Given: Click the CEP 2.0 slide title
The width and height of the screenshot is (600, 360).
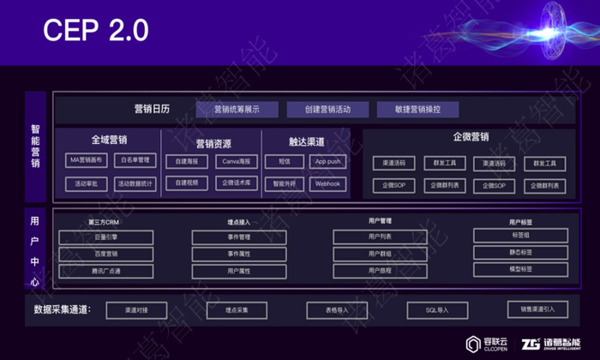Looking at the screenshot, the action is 96,30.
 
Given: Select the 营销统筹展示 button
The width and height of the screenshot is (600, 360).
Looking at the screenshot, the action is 237,110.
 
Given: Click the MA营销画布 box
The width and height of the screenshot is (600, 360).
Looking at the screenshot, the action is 87,160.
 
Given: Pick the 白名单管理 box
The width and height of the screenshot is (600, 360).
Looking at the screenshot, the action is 135,160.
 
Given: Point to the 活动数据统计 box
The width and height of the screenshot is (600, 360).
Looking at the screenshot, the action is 135,183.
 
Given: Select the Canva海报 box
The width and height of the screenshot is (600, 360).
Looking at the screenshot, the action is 235,161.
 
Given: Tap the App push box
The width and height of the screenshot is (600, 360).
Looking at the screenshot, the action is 327,161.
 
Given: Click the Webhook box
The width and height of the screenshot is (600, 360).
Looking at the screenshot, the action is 327,183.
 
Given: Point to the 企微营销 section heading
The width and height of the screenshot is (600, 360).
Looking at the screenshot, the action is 471,137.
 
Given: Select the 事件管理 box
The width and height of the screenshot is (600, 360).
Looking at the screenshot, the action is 239,237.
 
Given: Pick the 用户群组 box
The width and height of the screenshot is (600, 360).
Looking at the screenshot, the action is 379,254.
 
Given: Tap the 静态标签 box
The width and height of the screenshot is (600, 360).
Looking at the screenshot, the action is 520,252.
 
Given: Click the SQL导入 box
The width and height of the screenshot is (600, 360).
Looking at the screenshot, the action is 436,309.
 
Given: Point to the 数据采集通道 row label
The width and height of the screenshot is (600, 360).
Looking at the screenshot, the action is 62,309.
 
